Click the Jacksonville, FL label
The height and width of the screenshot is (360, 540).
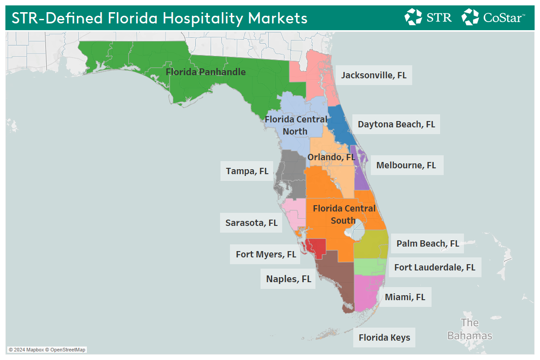[x=373, y=75]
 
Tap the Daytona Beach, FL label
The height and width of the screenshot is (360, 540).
[x=396, y=124]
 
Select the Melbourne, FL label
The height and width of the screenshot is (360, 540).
[x=406, y=165]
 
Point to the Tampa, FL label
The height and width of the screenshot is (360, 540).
[x=247, y=171]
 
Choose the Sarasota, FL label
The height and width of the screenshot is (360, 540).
[x=251, y=223]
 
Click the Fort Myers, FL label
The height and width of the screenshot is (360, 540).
[x=266, y=254]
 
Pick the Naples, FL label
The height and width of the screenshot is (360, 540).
[x=288, y=279]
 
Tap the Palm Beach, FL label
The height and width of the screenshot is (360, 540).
[x=427, y=243]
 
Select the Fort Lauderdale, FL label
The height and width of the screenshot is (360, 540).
[x=435, y=267]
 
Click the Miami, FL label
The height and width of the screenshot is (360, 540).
[x=405, y=297]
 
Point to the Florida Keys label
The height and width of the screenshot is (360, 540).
[x=384, y=337]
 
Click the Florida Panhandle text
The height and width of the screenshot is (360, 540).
[x=206, y=72]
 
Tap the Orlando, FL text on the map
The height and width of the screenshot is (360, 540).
[x=331, y=157]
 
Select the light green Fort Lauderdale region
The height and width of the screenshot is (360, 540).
[x=370, y=267]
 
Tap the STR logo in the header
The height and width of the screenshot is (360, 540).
[x=428, y=17]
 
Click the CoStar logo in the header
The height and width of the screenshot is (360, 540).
[x=493, y=17]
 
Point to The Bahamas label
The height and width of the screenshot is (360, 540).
[x=469, y=329]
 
